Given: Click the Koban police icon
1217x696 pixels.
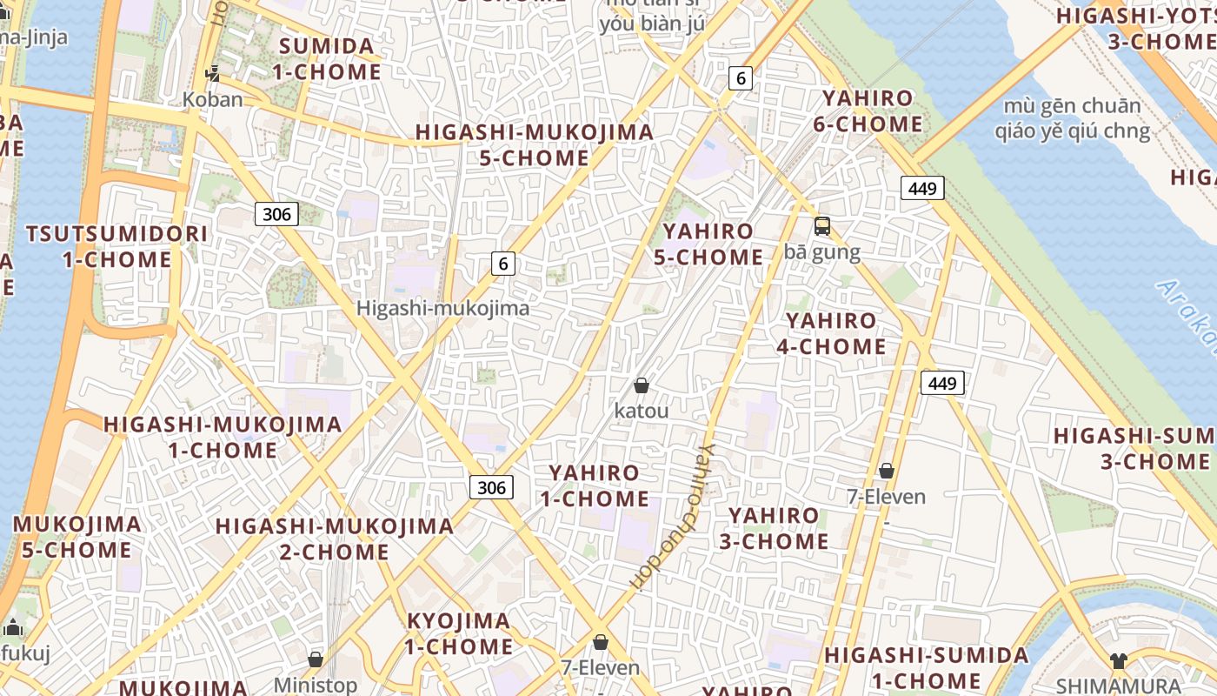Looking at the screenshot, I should [212, 73].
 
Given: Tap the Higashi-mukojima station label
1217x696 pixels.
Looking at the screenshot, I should [442, 309].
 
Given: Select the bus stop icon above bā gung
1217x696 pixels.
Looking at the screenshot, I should [821, 226].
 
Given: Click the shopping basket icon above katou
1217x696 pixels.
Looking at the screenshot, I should [642, 385].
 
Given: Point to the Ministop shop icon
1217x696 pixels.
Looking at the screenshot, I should [316, 660].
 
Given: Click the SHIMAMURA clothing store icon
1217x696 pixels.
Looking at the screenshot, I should [1118, 660].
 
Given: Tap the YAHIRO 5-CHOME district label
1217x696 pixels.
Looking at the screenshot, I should [713, 244].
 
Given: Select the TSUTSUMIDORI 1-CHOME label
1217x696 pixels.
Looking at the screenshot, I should [117, 247].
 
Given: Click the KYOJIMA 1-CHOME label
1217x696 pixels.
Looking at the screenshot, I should [459, 633].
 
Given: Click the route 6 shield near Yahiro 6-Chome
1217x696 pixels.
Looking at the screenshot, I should [741, 78].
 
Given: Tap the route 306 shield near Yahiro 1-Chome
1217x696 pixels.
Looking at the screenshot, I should [491, 487].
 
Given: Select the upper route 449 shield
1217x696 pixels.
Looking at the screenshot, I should [922, 188].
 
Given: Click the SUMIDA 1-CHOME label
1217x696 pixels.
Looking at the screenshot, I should [327, 59].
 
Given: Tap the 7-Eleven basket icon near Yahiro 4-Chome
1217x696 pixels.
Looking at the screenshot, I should [887, 472].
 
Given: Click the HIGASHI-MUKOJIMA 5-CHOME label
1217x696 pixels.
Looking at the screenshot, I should [534, 145].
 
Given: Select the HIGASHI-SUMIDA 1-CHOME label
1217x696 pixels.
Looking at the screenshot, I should [927, 667].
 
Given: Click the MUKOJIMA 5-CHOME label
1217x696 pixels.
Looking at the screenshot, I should [77, 537].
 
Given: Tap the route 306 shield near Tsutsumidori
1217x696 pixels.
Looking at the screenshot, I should [276, 214].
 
